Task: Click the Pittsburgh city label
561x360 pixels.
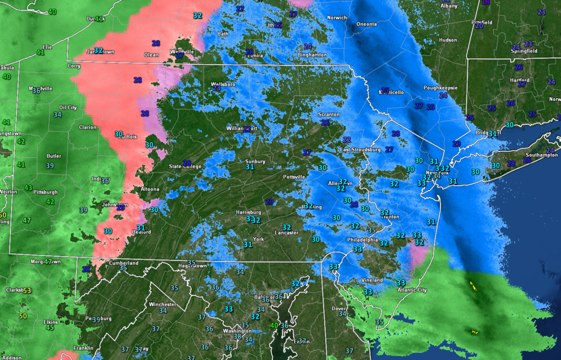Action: [45, 192]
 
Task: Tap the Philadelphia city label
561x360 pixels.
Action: [363, 240]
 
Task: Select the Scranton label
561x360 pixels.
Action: [329, 114]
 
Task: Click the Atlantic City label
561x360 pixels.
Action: [412, 290]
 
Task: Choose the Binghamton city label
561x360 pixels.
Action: [312, 55]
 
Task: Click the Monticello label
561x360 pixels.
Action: [392, 93]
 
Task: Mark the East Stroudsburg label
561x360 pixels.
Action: [359, 150]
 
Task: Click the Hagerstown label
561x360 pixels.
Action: [193, 266]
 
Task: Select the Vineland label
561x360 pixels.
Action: [372, 280]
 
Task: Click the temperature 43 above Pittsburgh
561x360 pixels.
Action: [28, 188]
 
